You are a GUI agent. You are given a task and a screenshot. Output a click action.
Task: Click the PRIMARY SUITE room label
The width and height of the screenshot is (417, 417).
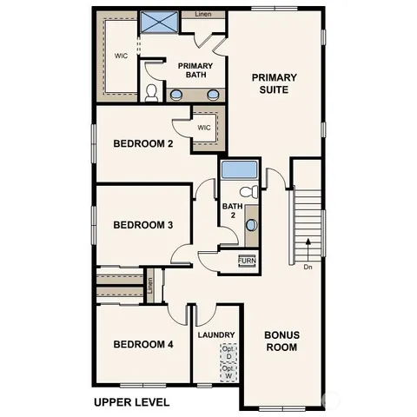[x=275, y=83]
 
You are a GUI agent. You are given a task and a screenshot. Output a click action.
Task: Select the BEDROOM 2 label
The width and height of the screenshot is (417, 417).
[x=143, y=143]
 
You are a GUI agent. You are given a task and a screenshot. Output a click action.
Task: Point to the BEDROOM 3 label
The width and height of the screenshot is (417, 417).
[x=143, y=225]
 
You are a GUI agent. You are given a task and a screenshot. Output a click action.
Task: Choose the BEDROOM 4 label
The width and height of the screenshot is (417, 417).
[x=143, y=344]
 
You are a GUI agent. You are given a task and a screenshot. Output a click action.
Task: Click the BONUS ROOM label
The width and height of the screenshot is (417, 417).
[x=281, y=341]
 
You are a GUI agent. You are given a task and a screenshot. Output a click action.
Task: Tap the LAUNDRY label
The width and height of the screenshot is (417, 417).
[x=215, y=334]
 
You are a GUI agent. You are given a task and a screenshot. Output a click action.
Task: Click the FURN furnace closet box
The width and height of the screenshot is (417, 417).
[x=247, y=261]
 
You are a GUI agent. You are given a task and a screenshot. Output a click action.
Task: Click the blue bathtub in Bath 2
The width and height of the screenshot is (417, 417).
[x=239, y=169]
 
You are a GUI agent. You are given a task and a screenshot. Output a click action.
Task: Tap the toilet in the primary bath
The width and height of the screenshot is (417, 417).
[x=152, y=92]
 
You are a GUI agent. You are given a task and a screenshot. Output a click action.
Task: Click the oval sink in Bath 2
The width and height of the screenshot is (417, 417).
[x=251, y=225]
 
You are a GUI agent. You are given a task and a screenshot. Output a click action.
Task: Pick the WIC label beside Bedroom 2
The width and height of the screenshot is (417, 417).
[x=204, y=128]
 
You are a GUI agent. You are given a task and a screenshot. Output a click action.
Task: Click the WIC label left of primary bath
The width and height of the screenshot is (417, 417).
[x=122, y=56]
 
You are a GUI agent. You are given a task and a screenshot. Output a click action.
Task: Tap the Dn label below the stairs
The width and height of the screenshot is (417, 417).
[x=308, y=268]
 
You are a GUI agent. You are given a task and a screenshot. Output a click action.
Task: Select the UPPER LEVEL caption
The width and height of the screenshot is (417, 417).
[x=131, y=402]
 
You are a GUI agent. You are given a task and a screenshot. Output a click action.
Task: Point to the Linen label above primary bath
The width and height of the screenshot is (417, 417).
[x=202, y=15]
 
